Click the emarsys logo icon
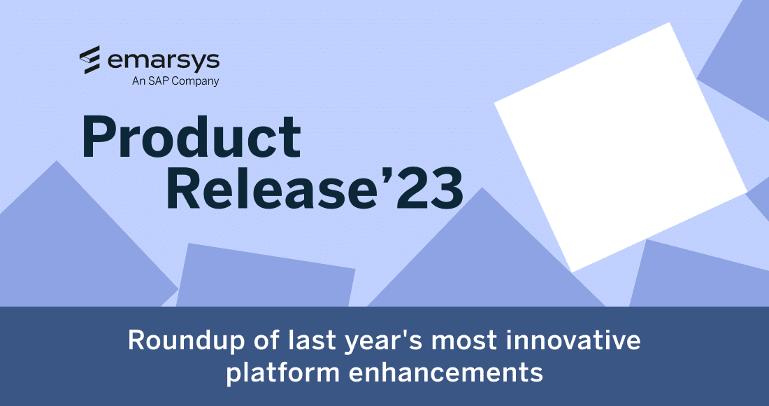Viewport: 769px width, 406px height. (x=92, y=60)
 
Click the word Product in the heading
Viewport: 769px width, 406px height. (x=191, y=136)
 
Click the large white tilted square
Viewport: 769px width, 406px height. (x=621, y=147)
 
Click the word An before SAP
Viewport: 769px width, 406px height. (x=138, y=81)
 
